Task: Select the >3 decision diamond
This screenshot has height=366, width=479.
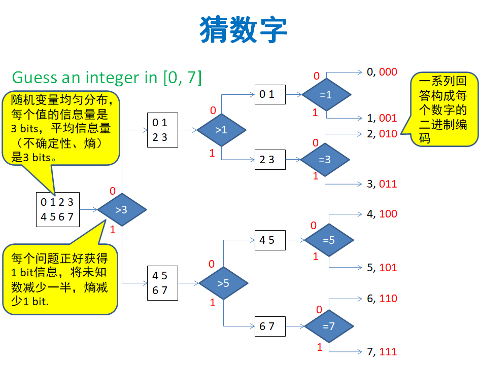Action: click(122, 209)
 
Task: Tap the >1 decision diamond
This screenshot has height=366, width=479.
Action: click(221, 130)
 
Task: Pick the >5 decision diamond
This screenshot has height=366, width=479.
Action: click(223, 283)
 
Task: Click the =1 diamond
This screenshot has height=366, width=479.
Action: click(326, 94)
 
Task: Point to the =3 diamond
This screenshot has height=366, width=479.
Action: click(325, 159)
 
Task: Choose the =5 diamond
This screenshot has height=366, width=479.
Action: click(328, 240)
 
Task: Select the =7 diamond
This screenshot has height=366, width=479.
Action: click(328, 326)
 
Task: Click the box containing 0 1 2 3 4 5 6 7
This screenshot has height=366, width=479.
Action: click(58, 209)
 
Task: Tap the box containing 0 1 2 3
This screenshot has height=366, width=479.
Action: click(162, 130)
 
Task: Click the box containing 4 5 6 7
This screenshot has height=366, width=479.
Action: click(162, 283)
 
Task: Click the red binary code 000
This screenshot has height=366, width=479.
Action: click(388, 72)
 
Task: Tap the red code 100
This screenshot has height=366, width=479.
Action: click(388, 214)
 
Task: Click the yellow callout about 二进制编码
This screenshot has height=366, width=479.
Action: click(444, 109)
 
